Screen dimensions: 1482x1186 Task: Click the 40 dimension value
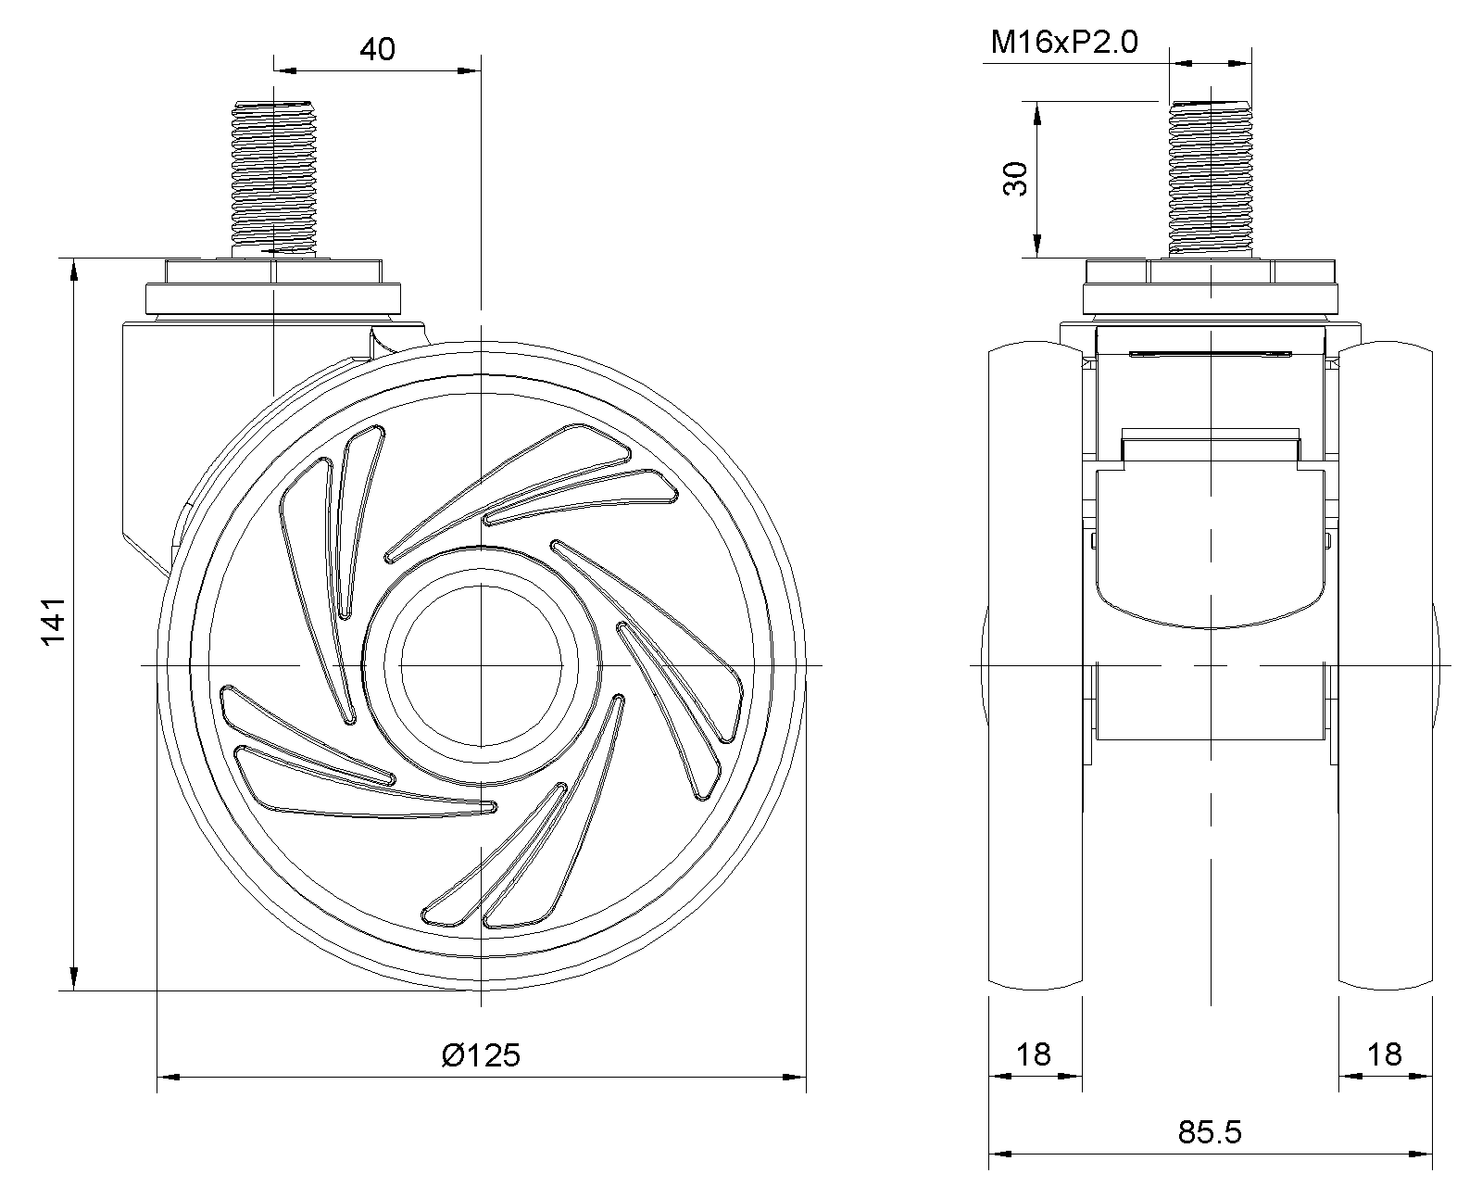pyautogui.click(x=377, y=50)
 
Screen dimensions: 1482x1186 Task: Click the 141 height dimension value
pyautogui.click(x=54, y=623)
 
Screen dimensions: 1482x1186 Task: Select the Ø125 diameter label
pyautogui.click(x=481, y=1055)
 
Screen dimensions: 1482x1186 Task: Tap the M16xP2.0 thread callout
pyautogui.click(x=1064, y=43)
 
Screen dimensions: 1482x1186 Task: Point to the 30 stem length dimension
pyautogui.click(x=1016, y=179)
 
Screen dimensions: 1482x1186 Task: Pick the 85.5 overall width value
pyautogui.click(x=1210, y=1132)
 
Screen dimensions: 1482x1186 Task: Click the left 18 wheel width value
pyautogui.click(x=1034, y=1054)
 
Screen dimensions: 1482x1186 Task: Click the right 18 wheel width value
pyautogui.click(x=1384, y=1054)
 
